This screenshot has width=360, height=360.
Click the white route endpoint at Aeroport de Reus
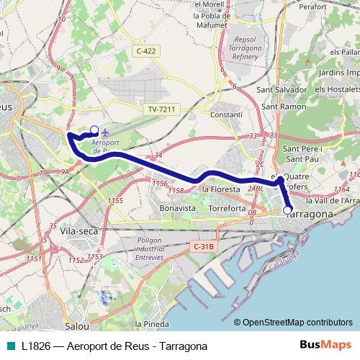coord(94,130)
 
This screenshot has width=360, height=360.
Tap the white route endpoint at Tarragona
coord(288,211)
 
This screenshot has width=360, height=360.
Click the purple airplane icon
coord(107,132)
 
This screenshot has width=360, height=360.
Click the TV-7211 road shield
coord(162,109)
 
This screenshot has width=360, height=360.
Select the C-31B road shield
coord(204,246)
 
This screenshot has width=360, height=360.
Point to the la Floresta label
coord(220,189)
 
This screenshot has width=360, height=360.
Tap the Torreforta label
coord(227,207)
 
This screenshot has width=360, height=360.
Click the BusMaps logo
coord(331,345)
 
